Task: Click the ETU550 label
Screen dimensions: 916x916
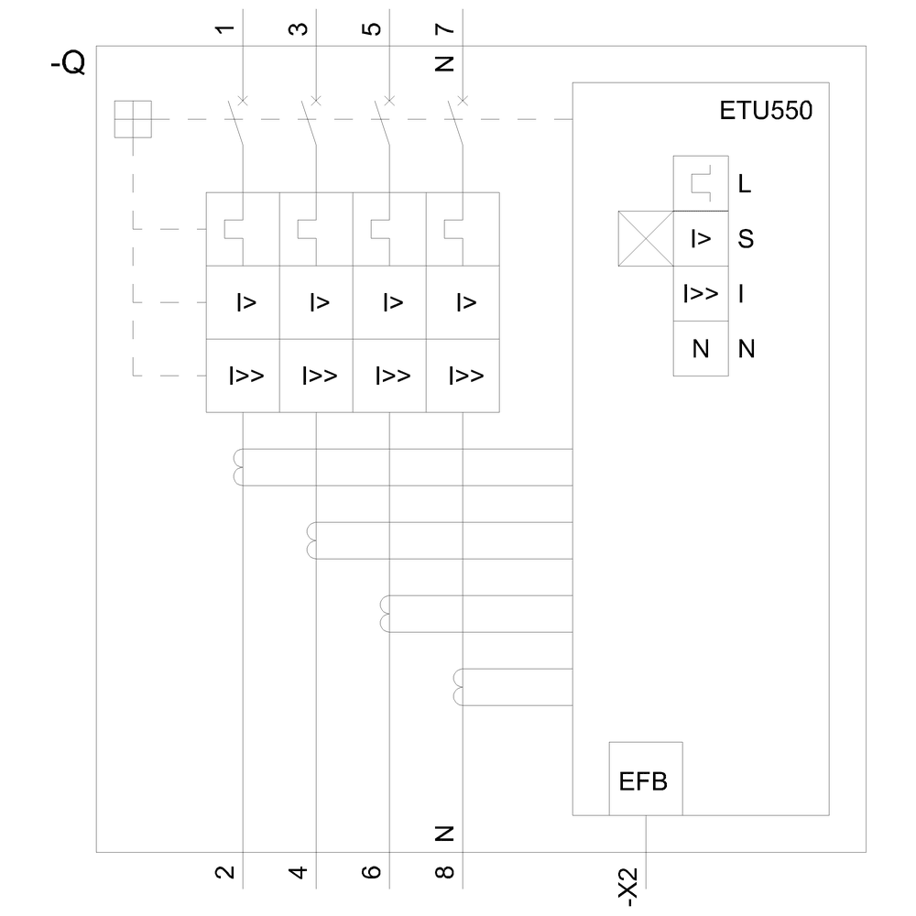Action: pyautogui.click(x=765, y=113)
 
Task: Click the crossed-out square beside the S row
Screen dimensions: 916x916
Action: pyautogui.click(x=646, y=239)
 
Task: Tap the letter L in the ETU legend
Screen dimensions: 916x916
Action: pyautogui.click(x=744, y=184)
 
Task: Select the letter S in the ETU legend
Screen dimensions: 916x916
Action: pyautogui.click(x=745, y=239)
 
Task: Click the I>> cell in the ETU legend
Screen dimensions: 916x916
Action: pyautogui.click(x=701, y=294)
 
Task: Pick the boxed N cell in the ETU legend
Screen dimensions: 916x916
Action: pyautogui.click(x=701, y=349)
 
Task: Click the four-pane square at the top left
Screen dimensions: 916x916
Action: pyautogui.click(x=133, y=119)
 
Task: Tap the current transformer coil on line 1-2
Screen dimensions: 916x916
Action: pyautogui.click(x=239, y=467)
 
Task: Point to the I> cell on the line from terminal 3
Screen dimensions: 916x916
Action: pyautogui.click(x=316, y=302)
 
